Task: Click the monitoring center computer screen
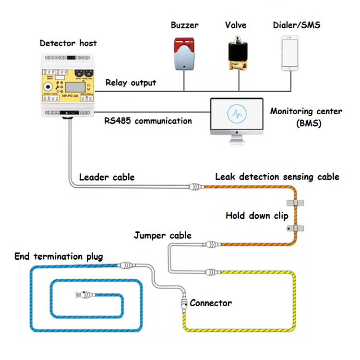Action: pos(237,116)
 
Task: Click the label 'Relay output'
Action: pos(131,83)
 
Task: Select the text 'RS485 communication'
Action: pos(148,120)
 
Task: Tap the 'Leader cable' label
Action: pos(107,177)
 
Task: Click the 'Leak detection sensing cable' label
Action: pos(277,177)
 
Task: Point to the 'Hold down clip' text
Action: pos(257,216)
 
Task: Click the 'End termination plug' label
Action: pos(59,256)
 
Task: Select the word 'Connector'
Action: pos(211,303)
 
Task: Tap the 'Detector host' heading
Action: pos(68,43)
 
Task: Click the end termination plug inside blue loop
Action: pos(81,293)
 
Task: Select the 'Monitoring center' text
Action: pos(306,111)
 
